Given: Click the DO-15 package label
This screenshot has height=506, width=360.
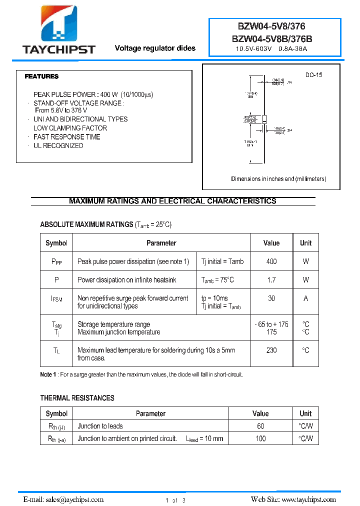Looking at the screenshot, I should click(314, 74).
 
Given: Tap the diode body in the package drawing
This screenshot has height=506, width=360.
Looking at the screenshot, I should click(264, 118).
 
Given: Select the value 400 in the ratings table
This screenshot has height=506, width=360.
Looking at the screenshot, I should click(271, 261).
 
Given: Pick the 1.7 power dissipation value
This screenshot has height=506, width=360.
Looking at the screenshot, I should click(271, 280).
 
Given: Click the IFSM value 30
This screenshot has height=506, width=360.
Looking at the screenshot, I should click(271, 298).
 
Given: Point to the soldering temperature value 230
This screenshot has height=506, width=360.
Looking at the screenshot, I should click(271, 350).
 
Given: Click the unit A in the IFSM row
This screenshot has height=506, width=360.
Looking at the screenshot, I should click(305, 298).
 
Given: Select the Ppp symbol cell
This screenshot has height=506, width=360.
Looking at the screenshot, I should click(56, 261).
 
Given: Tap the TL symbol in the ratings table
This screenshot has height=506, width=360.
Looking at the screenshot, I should click(56, 350).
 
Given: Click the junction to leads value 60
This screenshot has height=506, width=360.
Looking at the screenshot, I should click(260, 426).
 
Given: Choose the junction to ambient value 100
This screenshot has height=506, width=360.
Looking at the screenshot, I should click(260, 438).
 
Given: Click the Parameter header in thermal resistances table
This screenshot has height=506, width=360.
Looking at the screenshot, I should click(150, 413).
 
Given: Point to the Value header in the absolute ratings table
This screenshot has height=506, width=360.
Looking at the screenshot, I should click(271, 243).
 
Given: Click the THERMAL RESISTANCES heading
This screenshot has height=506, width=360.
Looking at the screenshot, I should click(77, 398).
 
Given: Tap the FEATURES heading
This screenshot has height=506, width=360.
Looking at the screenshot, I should click(41, 76).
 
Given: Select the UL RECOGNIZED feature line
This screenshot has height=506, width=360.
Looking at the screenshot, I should click(58, 145).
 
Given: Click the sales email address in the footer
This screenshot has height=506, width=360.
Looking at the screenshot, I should click(74, 499).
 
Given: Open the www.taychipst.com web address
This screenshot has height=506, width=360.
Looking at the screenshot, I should click(308, 499).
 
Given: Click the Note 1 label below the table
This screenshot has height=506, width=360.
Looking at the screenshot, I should click(48, 374).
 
